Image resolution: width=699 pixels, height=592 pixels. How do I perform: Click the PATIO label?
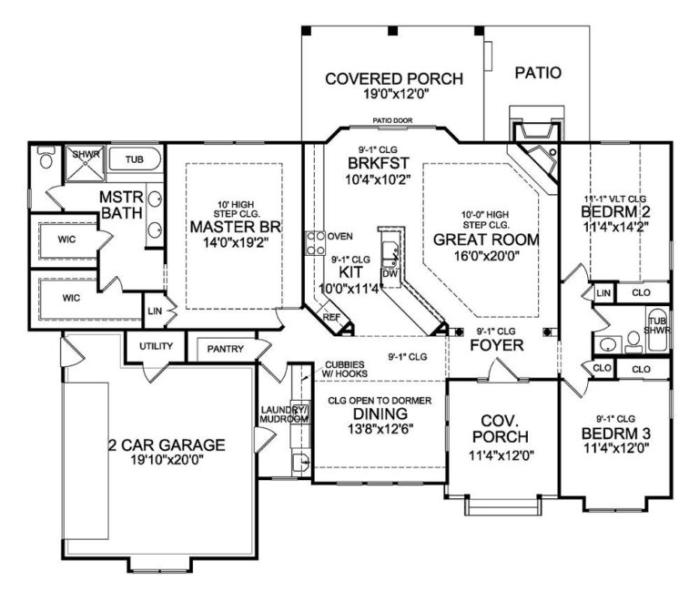point(538,72)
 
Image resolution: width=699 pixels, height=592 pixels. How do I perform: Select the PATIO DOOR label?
point(394,120)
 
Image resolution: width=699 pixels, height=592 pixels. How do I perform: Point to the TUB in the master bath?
point(134,159)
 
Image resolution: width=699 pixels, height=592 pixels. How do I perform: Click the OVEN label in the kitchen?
point(340,236)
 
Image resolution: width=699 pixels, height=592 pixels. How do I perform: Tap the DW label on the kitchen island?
point(389,272)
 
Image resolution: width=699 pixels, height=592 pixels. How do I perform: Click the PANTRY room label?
point(224,348)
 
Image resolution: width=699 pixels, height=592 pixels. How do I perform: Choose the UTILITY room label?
point(155,346)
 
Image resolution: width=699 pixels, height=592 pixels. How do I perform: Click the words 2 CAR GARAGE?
point(164,445)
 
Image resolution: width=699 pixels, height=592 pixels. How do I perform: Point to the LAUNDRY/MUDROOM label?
point(285,414)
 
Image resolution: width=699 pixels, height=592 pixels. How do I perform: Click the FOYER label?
point(496,345)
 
